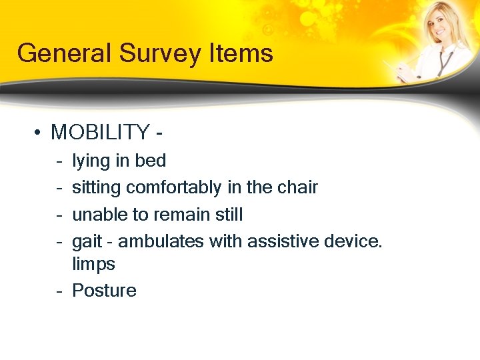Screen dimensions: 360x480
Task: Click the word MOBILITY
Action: click(101, 133)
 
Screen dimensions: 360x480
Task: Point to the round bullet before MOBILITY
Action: click(39, 133)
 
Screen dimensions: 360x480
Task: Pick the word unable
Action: click(93, 215)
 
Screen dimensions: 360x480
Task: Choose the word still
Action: click(227, 215)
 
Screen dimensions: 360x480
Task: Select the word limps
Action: click(93, 264)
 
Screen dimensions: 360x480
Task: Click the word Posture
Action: click(104, 291)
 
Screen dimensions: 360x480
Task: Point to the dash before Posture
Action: click(60, 291)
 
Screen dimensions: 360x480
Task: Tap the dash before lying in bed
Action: click(60, 161)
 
